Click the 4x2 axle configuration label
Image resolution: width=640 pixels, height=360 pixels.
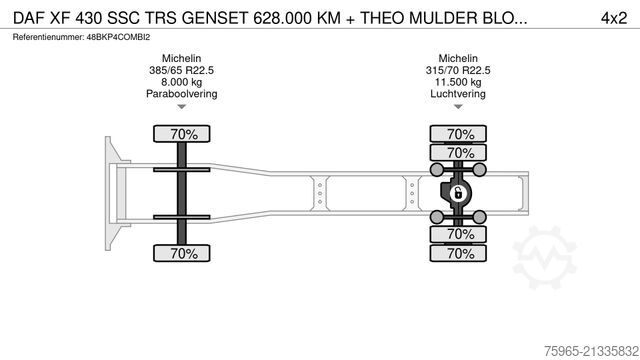(613, 16)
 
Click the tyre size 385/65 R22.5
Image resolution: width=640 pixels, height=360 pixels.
(181, 72)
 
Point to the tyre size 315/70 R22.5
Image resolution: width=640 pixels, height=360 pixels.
(459, 72)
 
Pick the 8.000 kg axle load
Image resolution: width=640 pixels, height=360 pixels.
(181, 83)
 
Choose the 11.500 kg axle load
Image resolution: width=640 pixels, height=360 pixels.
(459, 83)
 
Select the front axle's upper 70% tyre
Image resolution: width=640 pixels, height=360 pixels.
(181, 134)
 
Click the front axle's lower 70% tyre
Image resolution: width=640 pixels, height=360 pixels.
(181, 254)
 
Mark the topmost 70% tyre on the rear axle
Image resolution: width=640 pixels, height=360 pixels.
(459, 134)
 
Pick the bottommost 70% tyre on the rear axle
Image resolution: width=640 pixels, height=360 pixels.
(459, 254)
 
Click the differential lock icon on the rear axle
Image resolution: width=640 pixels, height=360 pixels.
(459, 193)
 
